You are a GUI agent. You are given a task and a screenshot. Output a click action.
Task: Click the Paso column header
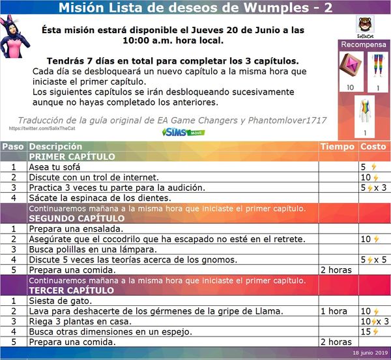(x=13, y=146)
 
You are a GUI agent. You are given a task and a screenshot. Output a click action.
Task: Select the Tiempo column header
(x=338, y=146)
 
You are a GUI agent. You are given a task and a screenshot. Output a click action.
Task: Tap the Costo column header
(x=373, y=146)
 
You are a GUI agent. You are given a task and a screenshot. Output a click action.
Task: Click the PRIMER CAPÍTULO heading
(x=72, y=157)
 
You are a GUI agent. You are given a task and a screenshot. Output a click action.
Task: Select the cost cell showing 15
(x=369, y=331)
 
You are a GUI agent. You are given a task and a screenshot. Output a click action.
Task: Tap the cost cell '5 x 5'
(x=374, y=260)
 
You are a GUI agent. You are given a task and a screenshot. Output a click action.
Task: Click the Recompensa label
(x=364, y=45)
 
